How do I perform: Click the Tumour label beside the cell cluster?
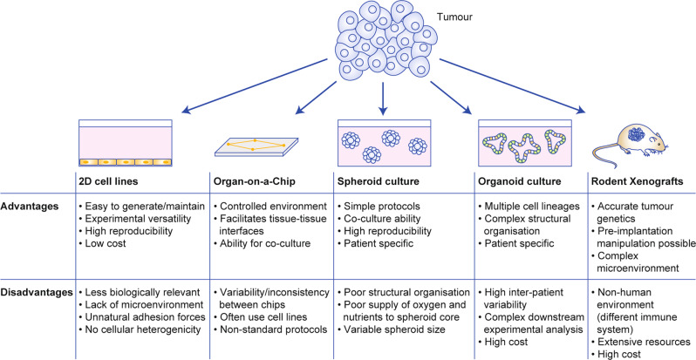[454, 18]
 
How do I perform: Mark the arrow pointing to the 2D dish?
[256, 86]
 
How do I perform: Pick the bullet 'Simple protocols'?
[379, 207]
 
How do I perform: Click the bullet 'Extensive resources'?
[641, 342]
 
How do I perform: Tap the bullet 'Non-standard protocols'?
[270, 329]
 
